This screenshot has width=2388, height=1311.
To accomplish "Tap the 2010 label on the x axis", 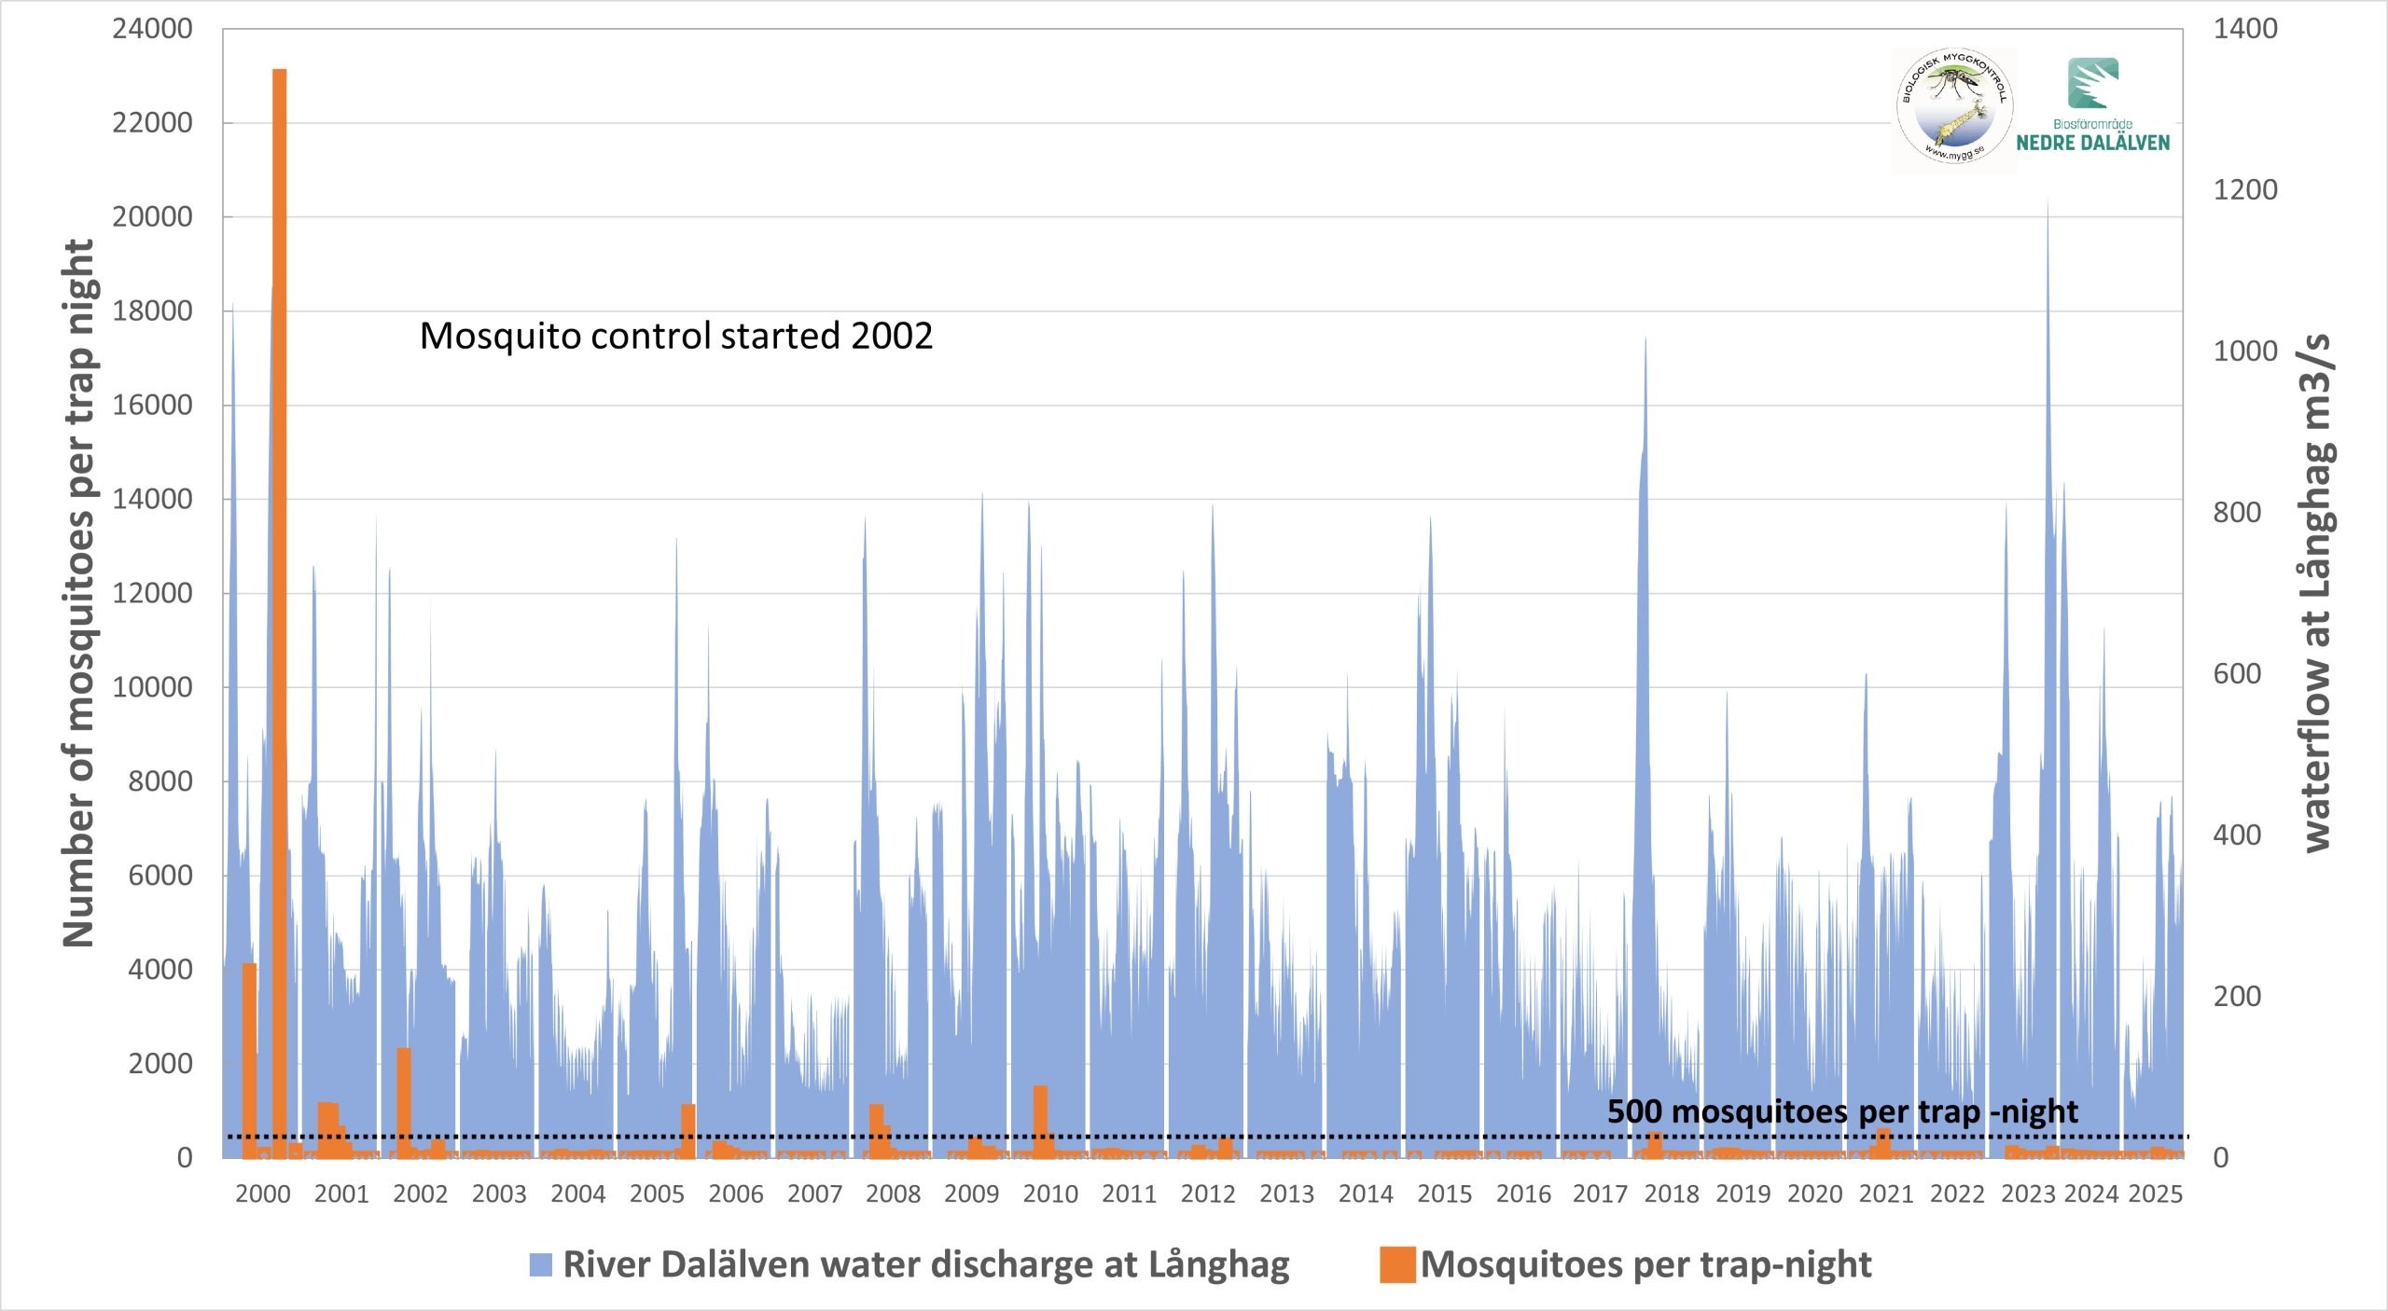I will click(x=1050, y=1194).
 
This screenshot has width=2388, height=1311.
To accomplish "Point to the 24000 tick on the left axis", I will click(x=152, y=29).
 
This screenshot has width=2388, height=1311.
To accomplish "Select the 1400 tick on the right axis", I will click(x=2245, y=29).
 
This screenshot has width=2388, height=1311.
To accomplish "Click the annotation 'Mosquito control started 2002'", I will click(x=675, y=336).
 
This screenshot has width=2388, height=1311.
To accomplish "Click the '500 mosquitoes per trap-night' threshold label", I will click(x=1842, y=1111).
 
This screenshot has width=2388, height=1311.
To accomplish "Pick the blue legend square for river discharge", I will click(x=541, y=1264).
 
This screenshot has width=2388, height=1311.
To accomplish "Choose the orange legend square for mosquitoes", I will click(x=1397, y=1264).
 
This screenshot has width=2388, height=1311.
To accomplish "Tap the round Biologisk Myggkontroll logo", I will click(x=1953, y=110).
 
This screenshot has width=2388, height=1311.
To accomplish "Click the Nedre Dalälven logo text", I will click(x=2092, y=142).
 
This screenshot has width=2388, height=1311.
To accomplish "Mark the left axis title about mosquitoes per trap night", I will click(x=78, y=593).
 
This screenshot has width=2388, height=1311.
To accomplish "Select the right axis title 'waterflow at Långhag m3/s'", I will click(x=2317, y=593).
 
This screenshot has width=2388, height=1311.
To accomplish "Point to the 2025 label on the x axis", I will click(x=2155, y=1194).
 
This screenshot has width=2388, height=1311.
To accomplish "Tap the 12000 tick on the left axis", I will click(x=152, y=593).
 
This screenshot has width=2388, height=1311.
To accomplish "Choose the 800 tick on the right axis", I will click(x=2237, y=512).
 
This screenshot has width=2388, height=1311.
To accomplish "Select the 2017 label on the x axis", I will click(x=1600, y=1194).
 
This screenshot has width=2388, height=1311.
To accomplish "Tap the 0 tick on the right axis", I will click(x=2221, y=1157).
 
